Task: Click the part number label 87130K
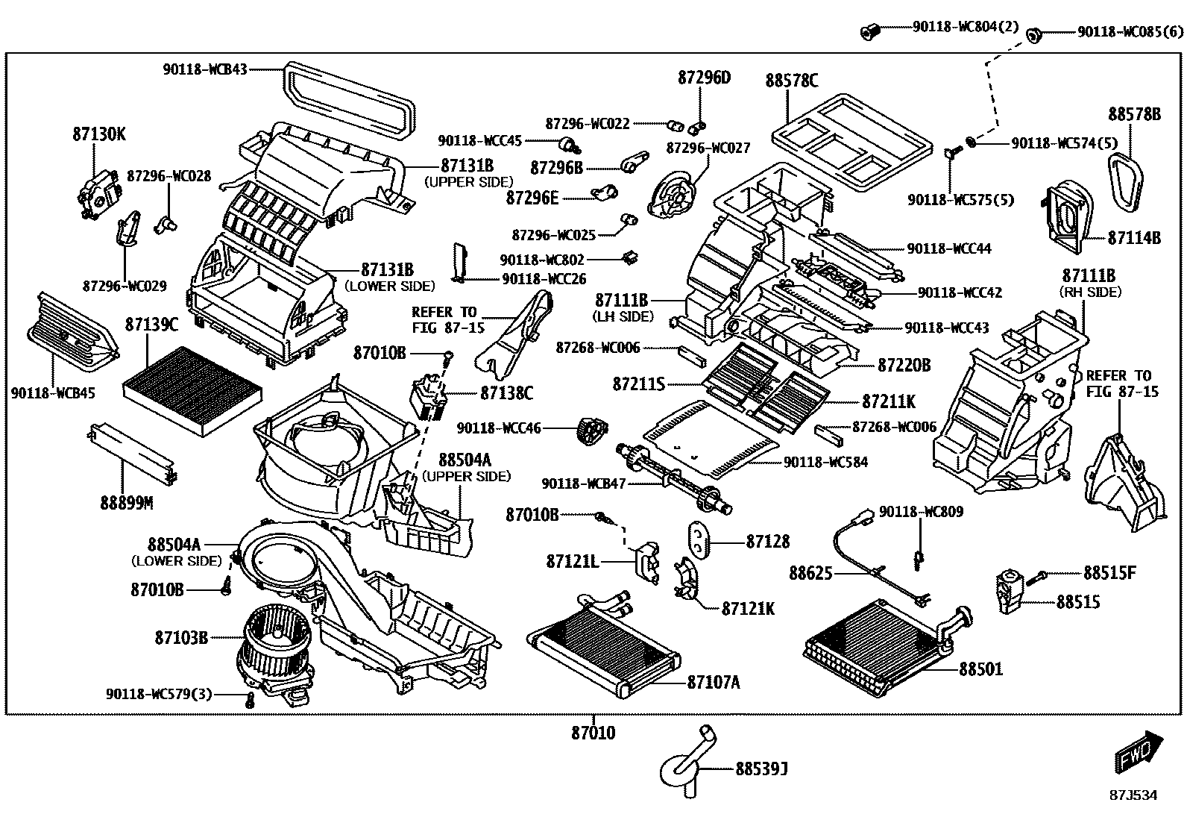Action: (x=99, y=135)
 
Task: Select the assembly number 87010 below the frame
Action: (x=593, y=733)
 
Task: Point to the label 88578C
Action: (x=791, y=80)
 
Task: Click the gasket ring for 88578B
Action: (x=1132, y=178)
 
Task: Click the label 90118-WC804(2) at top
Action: (x=965, y=27)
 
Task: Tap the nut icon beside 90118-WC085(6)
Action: (x=1034, y=33)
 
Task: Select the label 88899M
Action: (x=127, y=503)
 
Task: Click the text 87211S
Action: (x=638, y=384)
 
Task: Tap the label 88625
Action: (x=810, y=573)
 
